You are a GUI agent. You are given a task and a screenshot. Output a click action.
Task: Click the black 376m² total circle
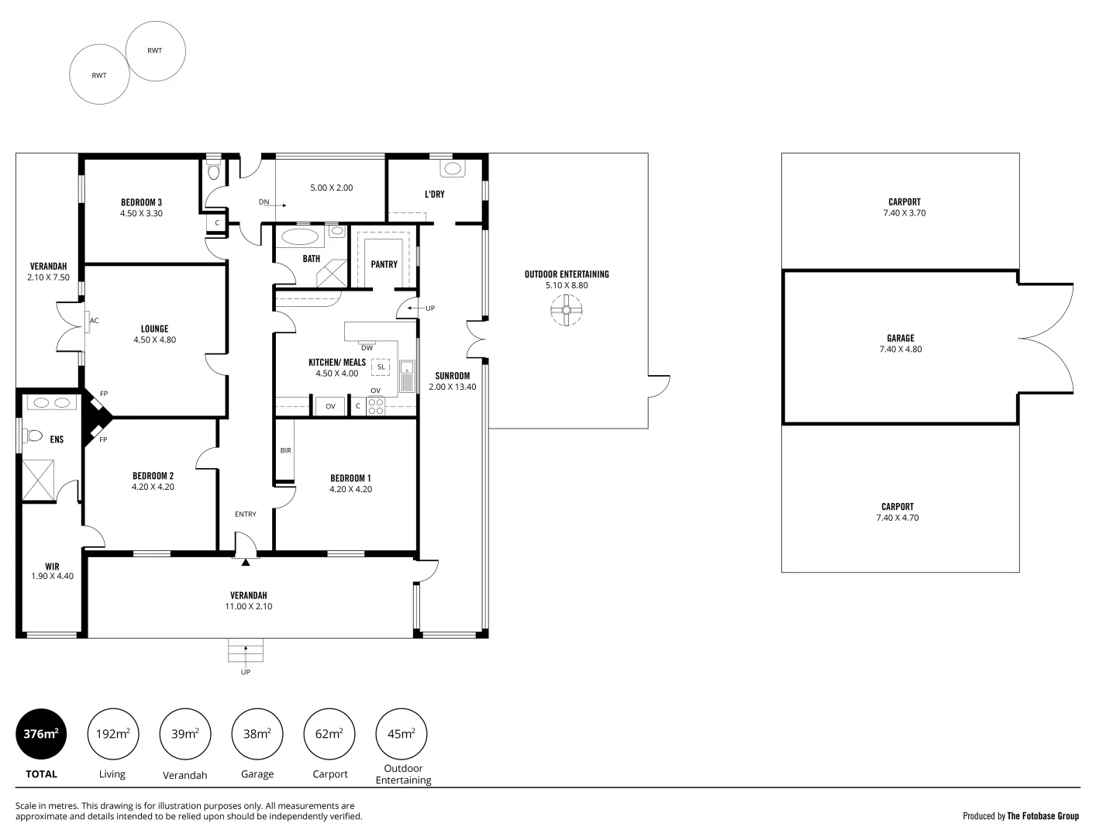[x=41, y=734]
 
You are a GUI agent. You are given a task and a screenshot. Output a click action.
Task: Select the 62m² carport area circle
[x=329, y=734]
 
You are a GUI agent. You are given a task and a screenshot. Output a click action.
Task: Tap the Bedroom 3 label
[x=141, y=202]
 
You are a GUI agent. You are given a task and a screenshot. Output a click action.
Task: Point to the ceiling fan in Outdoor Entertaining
[x=567, y=310]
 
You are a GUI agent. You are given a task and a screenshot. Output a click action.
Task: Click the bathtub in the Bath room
[x=300, y=236]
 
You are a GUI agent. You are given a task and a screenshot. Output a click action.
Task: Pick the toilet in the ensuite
[x=33, y=436]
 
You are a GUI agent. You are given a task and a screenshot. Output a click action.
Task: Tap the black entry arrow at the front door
[x=245, y=562]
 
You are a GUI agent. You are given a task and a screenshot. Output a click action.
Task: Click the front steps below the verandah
[x=245, y=650]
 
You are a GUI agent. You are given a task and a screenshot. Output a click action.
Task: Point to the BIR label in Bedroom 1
[x=285, y=450]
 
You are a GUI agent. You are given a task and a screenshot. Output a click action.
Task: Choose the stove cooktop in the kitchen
[x=375, y=406]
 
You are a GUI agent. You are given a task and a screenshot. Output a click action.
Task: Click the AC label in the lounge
[x=94, y=320]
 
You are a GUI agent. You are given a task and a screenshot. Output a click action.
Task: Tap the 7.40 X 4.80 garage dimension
[x=900, y=349]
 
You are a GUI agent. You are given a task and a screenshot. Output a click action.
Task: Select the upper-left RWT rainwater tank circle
[x=155, y=51]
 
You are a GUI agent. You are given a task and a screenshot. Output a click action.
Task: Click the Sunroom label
[x=453, y=376]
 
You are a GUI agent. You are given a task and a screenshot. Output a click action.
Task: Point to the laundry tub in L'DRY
[x=453, y=168]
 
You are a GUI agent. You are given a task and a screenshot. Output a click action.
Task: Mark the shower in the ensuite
[x=38, y=480]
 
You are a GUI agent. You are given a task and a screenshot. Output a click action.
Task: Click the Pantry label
[x=384, y=264]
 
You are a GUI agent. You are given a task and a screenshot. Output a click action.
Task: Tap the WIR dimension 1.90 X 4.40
[x=53, y=576]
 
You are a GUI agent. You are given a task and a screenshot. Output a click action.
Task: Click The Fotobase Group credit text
[x=1043, y=816]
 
